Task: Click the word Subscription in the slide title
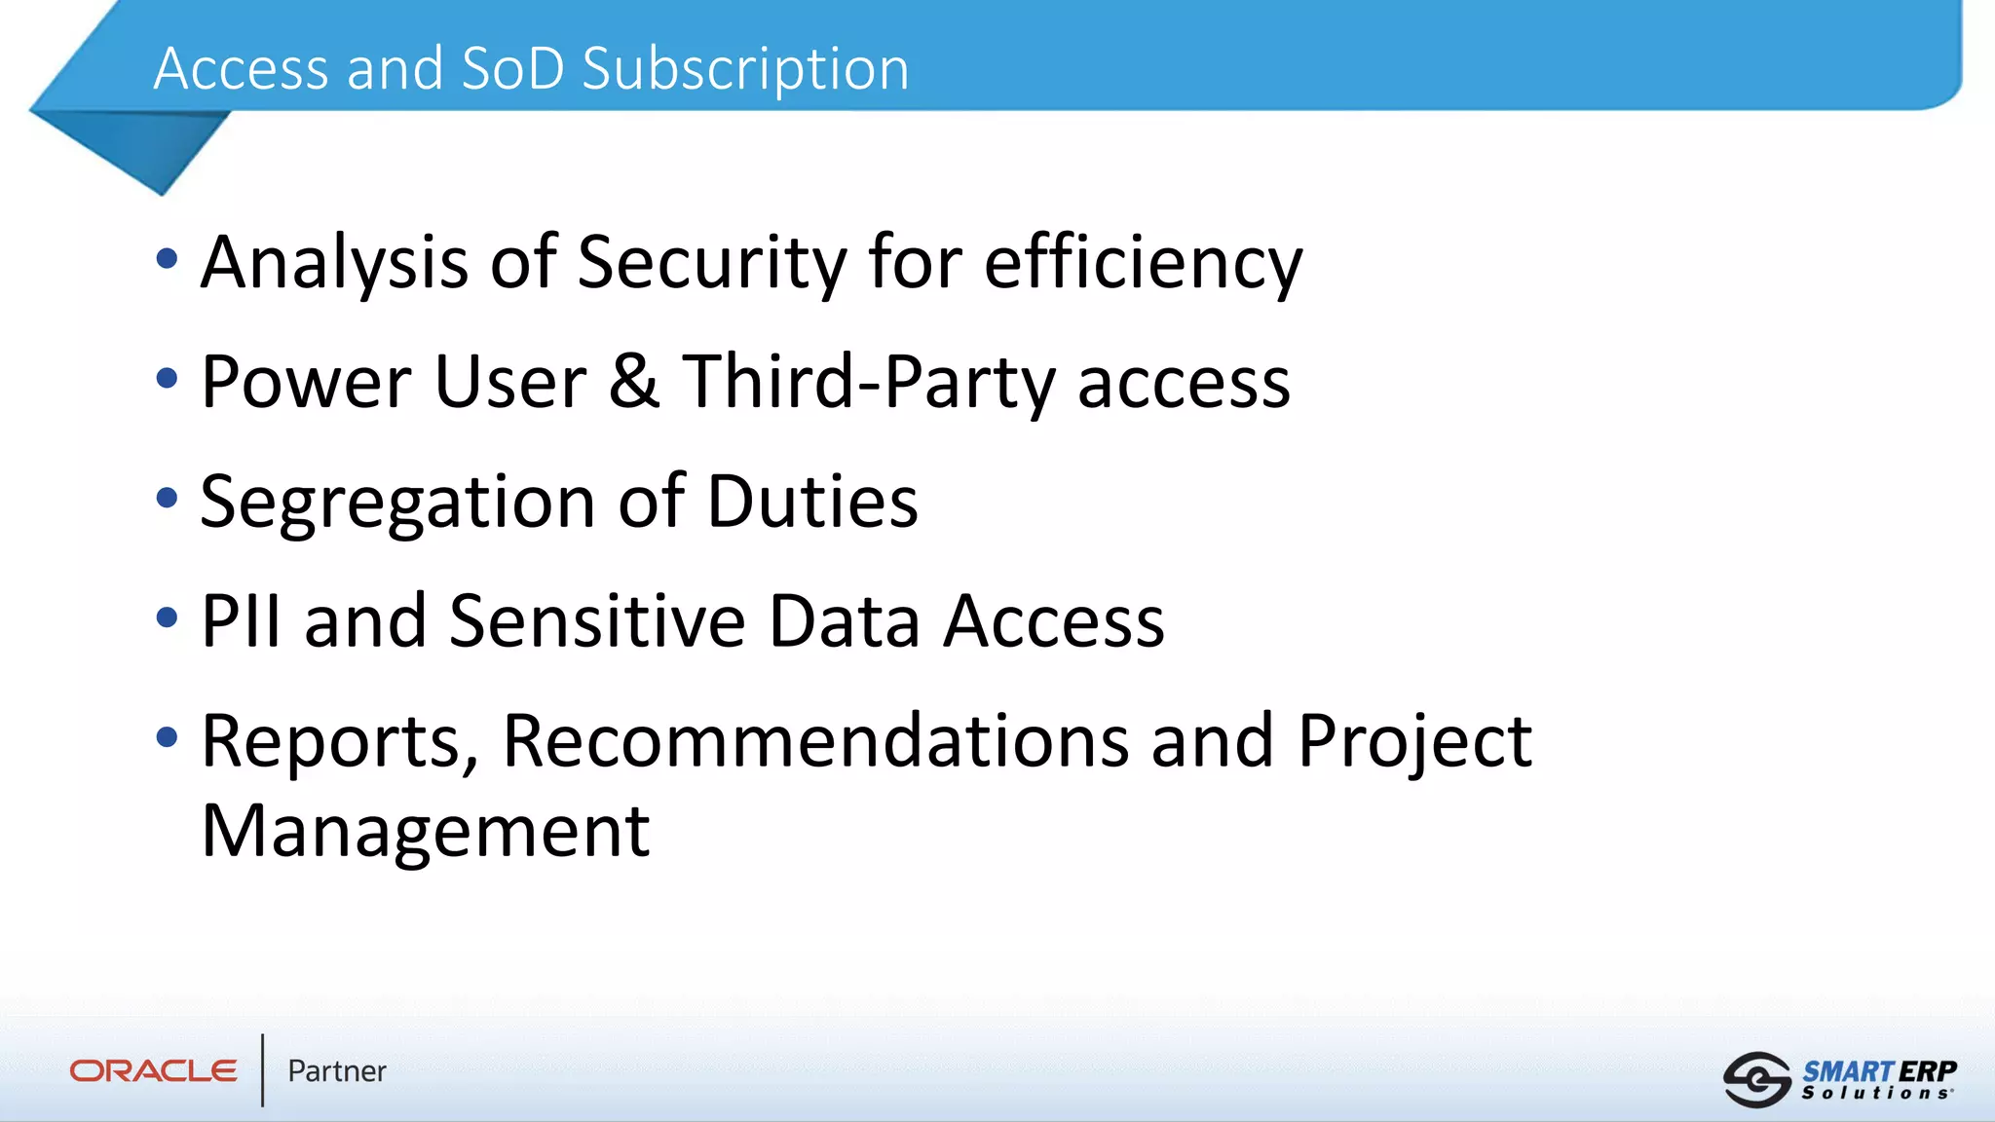click(745, 70)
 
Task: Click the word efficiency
click(1143, 263)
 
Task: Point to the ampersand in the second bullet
click(634, 381)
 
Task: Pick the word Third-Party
click(868, 383)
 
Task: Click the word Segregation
click(397, 503)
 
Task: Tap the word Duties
click(812, 502)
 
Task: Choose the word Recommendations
click(815, 741)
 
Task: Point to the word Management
click(426, 831)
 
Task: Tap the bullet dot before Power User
click(168, 379)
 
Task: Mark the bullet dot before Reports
click(168, 737)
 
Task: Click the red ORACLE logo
click(153, 1071)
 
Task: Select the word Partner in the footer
click(337, 1071)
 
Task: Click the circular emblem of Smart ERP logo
click(1756, 1079)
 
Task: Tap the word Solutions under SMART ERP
click(1876, 1094)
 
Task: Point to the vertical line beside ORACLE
click(262, 1070)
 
